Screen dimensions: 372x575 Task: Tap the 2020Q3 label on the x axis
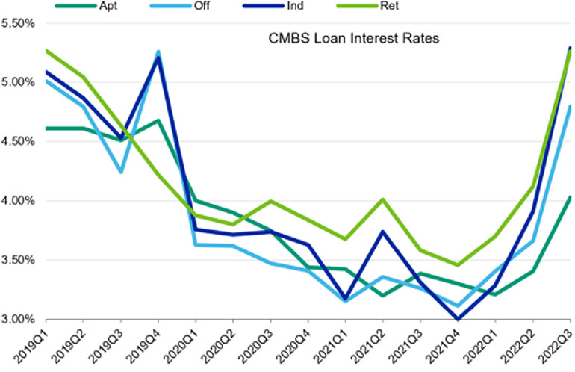[258, 347]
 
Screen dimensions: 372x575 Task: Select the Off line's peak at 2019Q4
[158, 52]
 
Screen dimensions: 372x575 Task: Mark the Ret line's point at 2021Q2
[382, 199]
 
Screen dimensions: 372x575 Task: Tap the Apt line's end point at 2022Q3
[571, 197]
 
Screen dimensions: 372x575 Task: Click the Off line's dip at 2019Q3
[120, 173]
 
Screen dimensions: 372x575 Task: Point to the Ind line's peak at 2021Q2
[382, 232]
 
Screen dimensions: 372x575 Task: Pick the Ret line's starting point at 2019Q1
[46, 50]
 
